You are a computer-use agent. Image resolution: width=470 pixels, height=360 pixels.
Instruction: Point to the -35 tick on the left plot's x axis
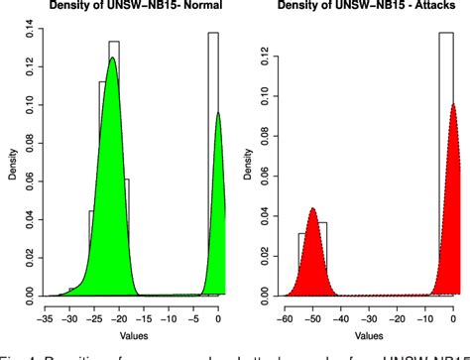44,309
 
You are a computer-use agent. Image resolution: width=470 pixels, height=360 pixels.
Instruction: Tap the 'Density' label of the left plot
9,165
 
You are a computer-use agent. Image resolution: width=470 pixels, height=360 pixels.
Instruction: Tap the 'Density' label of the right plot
243,165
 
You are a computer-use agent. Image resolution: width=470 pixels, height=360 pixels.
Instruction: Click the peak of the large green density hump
112,60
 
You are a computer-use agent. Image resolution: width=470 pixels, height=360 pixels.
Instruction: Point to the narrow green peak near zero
217,114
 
